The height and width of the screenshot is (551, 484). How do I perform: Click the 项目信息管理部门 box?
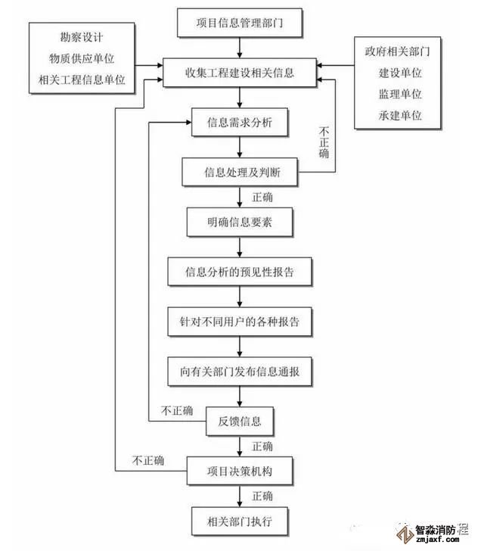[x=240, y=23]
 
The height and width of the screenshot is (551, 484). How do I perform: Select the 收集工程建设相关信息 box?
[x=240, y=73]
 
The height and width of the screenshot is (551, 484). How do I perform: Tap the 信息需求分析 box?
[x=240, y=123]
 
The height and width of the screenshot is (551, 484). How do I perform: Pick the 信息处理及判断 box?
[x=240, y=172]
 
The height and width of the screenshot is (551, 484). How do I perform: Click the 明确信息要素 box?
[x=240, y=222]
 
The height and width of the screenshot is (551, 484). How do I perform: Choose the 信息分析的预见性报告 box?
[x=240, y=271]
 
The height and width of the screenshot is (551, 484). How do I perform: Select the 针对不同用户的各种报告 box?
[x=240, y=321]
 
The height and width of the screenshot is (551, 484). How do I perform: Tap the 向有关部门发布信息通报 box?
[x=240, y=372]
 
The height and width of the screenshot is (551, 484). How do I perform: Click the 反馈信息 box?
[x=240, y=422]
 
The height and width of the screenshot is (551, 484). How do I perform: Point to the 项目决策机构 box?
[x=240, y=471]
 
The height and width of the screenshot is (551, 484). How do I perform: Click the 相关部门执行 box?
[x=240, y=521]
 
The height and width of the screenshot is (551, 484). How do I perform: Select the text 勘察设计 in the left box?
[x=78, y=37]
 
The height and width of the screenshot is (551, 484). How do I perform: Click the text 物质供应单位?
[x=78, y=58]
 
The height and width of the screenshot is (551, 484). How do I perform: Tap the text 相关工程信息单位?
[x=78, y=79]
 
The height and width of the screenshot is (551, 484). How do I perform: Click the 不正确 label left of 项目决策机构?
[x=148, y=460]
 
